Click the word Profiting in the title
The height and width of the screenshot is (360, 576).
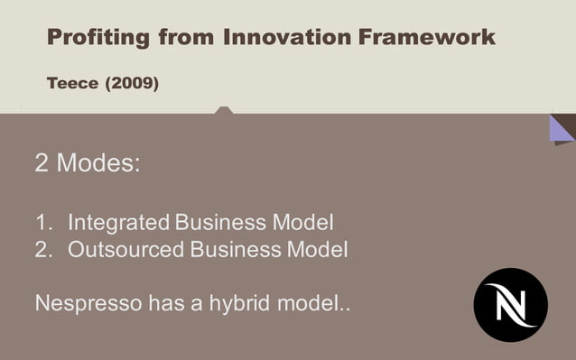(x=98, y=38)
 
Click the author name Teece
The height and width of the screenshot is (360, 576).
(x=72, y=84)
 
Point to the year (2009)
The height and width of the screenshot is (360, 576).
(x=132, y=84)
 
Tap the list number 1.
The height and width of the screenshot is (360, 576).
(x=42, y=221)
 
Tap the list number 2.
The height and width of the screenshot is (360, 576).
(x=42, y=249)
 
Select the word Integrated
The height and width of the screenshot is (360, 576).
(x=118, y=221)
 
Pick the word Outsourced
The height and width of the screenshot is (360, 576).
(x=126, y=249)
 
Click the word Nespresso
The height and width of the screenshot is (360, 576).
(x=88, y=303)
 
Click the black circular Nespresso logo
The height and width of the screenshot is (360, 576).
(x=510, y=304)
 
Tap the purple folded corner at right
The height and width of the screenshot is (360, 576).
(x=560, y=128)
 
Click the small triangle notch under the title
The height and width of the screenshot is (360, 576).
(x=224, y=110)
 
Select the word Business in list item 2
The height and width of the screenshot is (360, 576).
(x=235, y=249)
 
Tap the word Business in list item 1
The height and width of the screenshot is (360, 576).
(x=219, y=221)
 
